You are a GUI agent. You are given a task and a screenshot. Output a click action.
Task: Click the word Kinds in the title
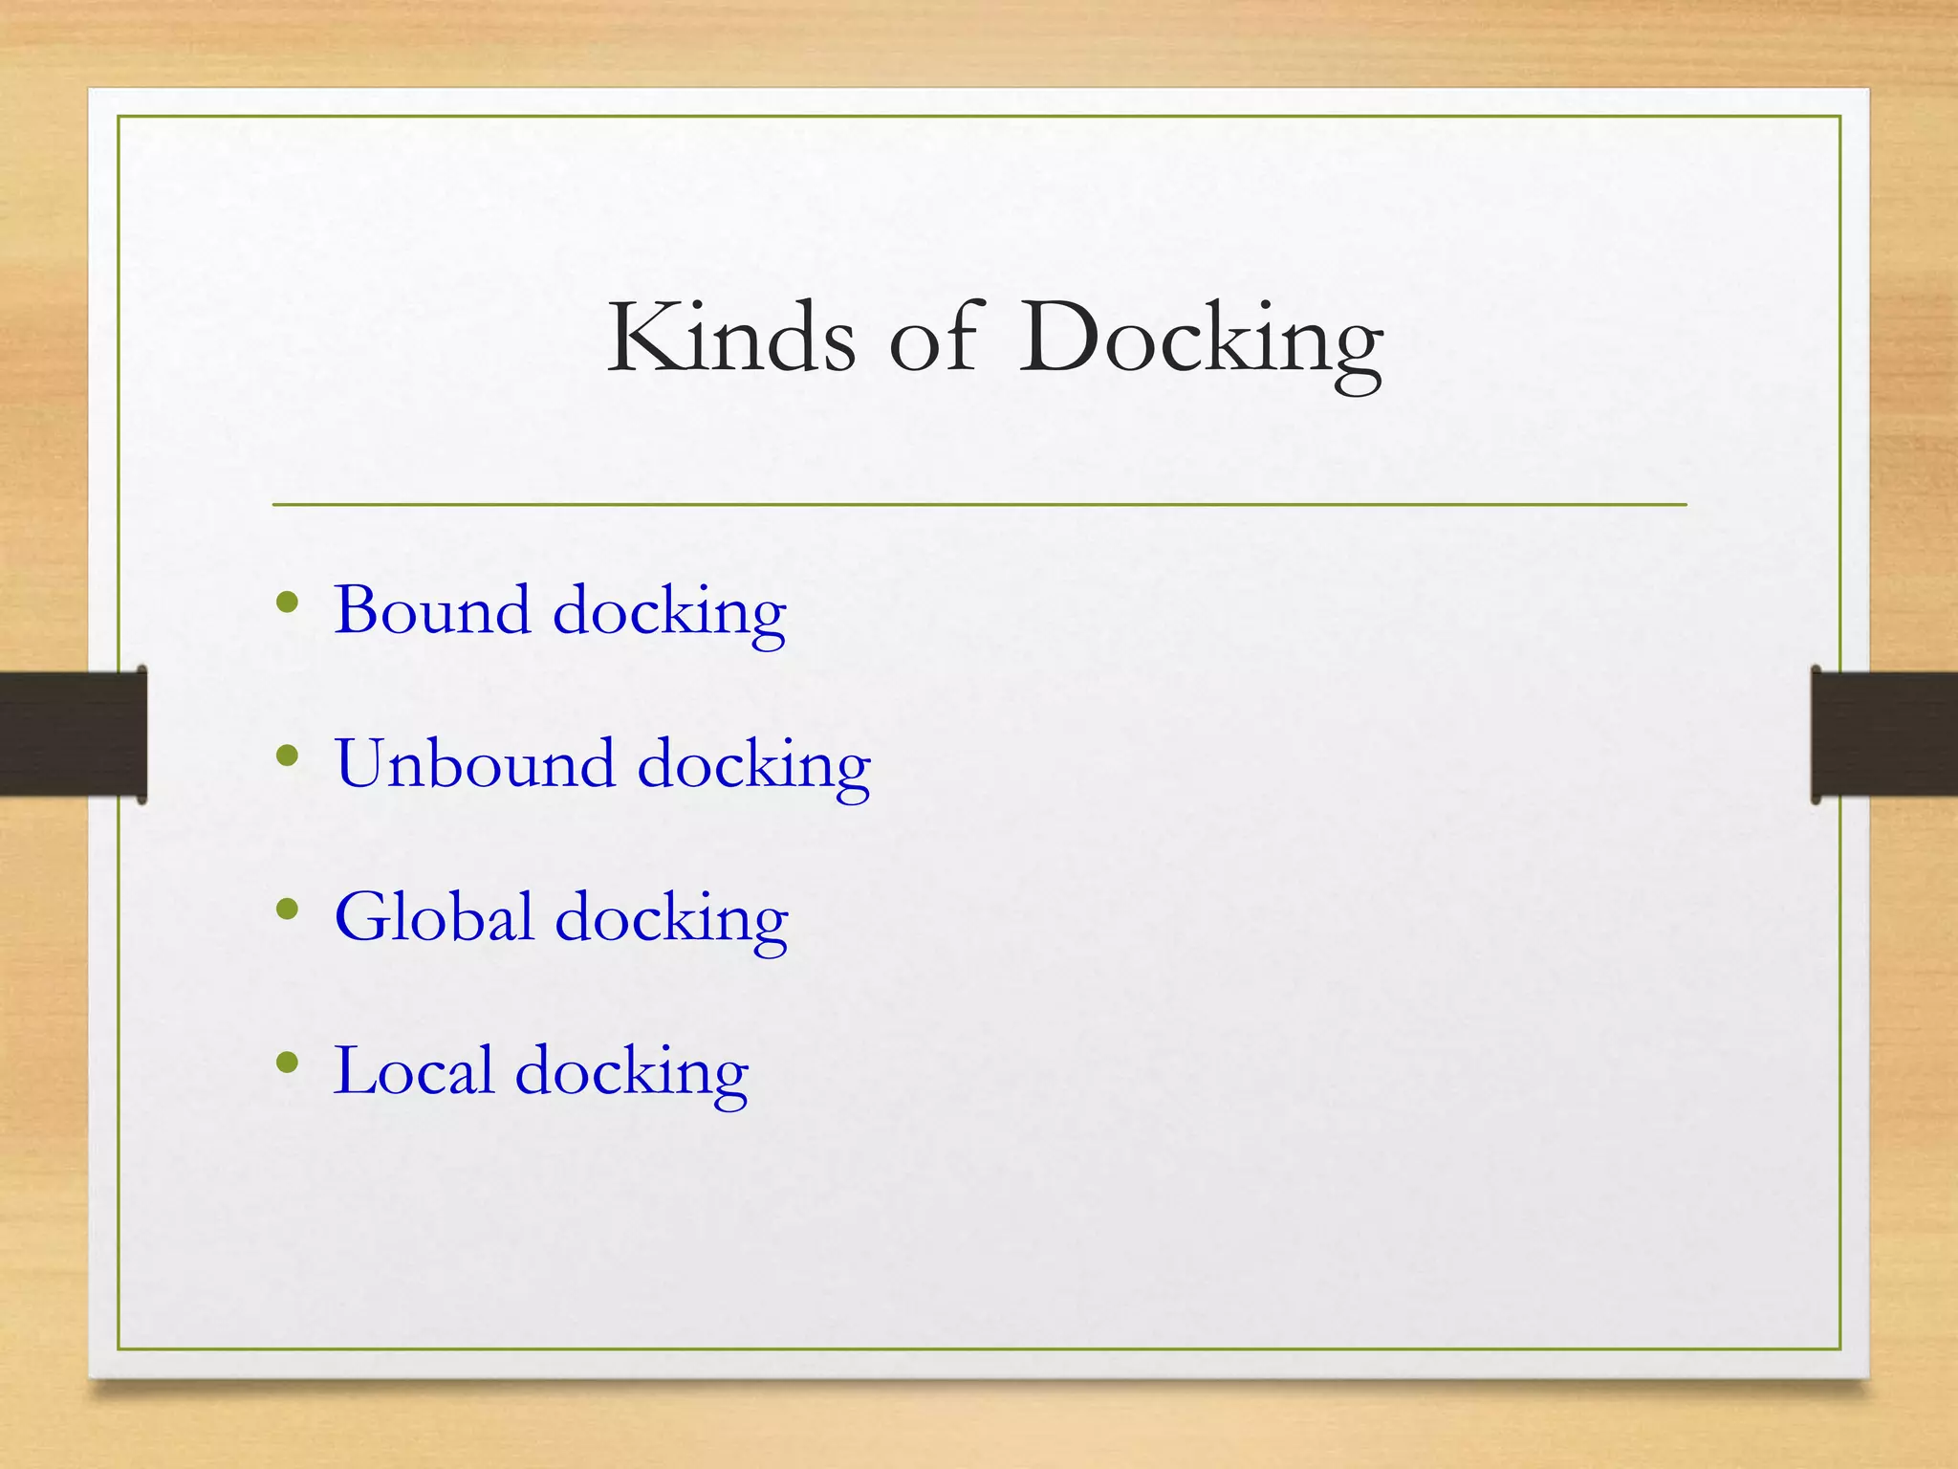[731, 337]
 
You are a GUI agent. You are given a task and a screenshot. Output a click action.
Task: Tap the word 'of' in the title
[934, 337]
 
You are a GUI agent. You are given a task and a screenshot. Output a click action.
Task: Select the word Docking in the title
[1200, 340]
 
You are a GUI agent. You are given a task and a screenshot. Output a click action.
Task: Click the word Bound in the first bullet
[432, 610]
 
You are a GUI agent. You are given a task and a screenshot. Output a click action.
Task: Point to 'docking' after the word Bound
[669, 614]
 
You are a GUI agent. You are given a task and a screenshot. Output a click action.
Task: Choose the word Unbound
[474, 763]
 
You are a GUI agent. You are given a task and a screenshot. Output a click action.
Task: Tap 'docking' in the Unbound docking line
[753, 767]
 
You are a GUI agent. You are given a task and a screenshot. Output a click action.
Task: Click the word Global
[433, 917]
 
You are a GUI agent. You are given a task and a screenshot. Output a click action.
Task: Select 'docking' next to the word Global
[671, 921]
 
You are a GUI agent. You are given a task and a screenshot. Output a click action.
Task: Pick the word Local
[413, 1070]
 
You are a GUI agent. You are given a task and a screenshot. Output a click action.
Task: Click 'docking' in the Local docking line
[631, 1074]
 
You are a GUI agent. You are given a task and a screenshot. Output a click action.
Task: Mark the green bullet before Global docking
[287, 910]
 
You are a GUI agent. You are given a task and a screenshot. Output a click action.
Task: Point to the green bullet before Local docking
[287, 1063]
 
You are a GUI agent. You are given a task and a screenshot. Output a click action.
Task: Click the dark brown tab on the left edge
[73, 734]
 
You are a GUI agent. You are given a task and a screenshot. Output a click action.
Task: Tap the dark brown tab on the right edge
[1883, 734]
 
